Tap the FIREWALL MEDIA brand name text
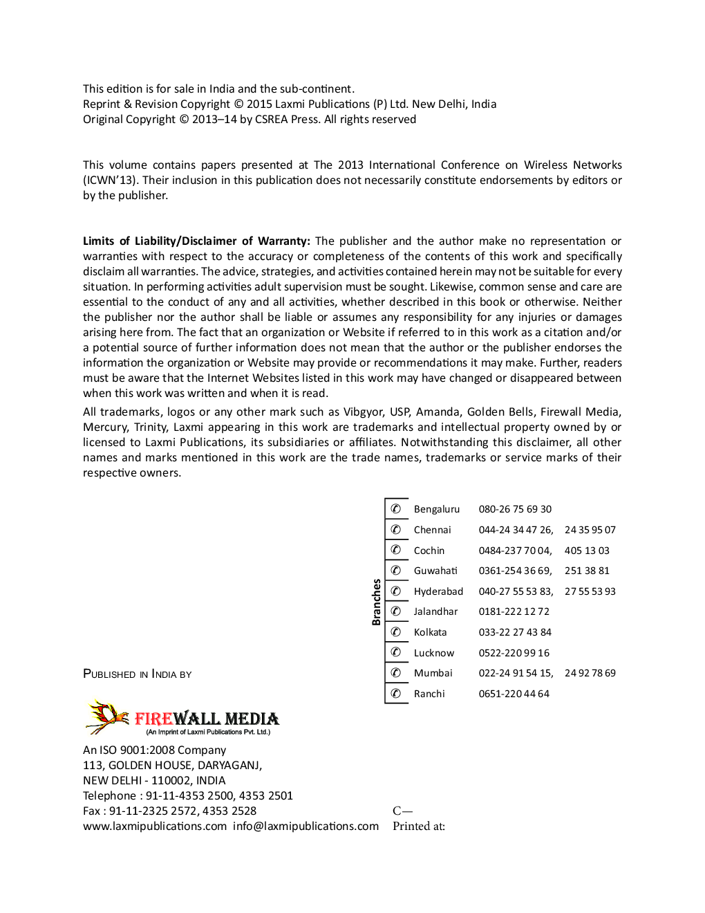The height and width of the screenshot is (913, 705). coord(207,719)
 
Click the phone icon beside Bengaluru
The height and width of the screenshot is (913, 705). coord(396,509)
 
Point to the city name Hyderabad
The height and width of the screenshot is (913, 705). coord(438,591)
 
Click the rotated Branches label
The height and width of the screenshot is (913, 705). coord(377,602)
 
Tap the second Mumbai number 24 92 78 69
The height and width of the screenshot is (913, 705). coord(590,673)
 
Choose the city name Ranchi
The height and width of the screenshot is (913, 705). coord(429,694)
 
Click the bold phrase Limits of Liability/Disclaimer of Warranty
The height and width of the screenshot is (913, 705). coord(196,241)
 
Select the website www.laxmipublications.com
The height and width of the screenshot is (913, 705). coord(155,826)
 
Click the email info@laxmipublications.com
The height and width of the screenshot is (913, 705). coord(305,826)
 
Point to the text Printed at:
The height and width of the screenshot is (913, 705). coord(419,826)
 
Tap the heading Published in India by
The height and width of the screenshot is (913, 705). coord(137,674)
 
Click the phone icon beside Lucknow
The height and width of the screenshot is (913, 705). coord(396,652)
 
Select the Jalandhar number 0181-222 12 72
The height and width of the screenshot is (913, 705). coord(514,611)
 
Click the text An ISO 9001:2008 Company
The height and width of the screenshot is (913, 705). coord(154,750)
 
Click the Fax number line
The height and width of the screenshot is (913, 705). coord(169,811)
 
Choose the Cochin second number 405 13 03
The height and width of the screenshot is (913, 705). coord(587,551)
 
